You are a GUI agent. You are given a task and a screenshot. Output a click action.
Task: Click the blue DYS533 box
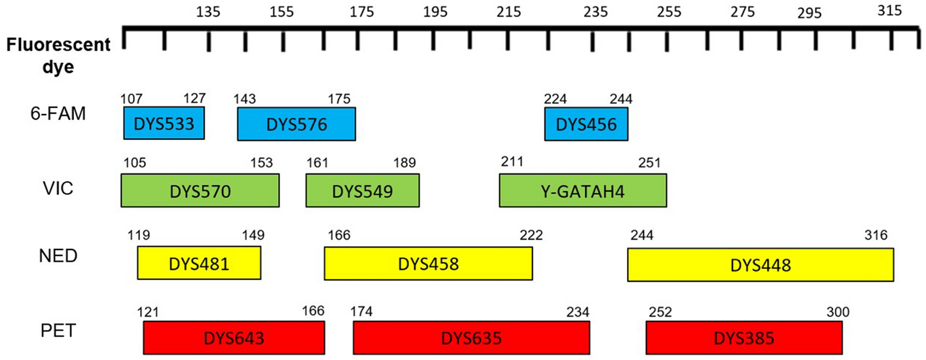(x=164, y=123)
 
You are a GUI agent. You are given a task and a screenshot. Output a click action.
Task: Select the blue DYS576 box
(x=296, y=123)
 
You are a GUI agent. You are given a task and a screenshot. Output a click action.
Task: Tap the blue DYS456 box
(x=586, y=123)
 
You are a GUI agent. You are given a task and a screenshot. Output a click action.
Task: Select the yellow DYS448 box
(x=760, y=264)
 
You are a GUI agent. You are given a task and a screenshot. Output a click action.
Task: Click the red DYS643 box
(x=234, y=338)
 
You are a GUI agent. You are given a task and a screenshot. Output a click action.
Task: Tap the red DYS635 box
(x=471, y=338)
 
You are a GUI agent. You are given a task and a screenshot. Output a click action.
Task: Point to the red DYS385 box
(x=743, y=338)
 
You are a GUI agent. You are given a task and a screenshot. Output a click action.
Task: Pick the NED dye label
(x=58, y=256)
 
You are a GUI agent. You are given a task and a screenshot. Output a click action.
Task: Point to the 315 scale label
(x=890, y=10)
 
